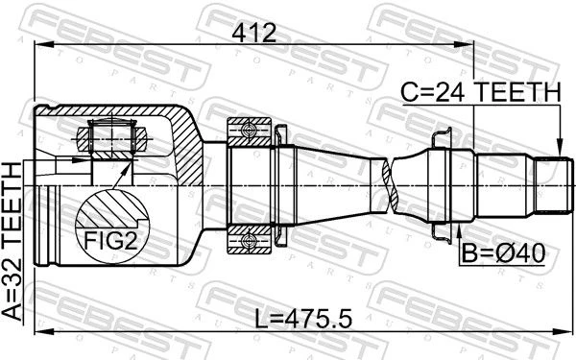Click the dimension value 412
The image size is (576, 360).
tap(253, 33)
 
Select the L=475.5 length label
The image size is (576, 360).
tap(303, 318)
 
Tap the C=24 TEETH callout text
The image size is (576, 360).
tap(481, 92)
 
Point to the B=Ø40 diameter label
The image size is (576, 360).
tap(503, 253)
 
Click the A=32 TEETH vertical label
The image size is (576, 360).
tap(12, 242)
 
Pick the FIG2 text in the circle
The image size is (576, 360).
tap(110, 241)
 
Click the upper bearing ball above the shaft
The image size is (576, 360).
tap(249, 131)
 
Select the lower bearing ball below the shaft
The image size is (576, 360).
tap(249, 241)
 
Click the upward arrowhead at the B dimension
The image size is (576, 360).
tap(459, 231)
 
